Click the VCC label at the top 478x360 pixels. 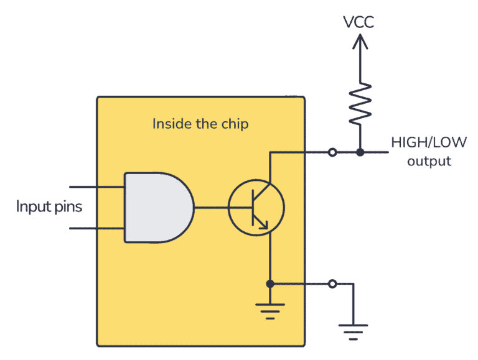coord(360,23)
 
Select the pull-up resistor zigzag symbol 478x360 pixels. coord(360,102)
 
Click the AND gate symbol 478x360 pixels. coord(157,208)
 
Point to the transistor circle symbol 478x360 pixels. coord(256,208)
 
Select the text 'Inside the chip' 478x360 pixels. coord(200,124)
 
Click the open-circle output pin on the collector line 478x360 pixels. coord(332,152)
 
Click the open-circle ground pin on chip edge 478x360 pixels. coord(332,284)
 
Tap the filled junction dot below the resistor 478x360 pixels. coord(360,152)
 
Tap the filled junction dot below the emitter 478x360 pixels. coord(270,284)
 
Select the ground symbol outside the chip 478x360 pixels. coord(353,330)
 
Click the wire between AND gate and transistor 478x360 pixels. coord(211,208)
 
